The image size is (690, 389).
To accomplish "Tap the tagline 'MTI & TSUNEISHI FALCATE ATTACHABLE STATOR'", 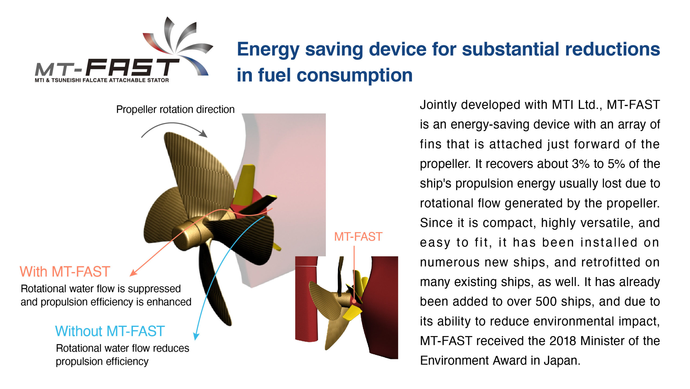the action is click(x=102, y=80).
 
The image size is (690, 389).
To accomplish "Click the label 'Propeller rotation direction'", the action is click(x=175, y=110).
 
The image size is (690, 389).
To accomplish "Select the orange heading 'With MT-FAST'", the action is click(x=65, y=271).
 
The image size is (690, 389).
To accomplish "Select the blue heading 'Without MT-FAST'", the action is click(x=110, y=331).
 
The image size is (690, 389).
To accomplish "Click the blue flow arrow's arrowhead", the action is click(x=196, y=336).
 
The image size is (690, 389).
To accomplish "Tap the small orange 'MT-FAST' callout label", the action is click(x=358, y=237).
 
